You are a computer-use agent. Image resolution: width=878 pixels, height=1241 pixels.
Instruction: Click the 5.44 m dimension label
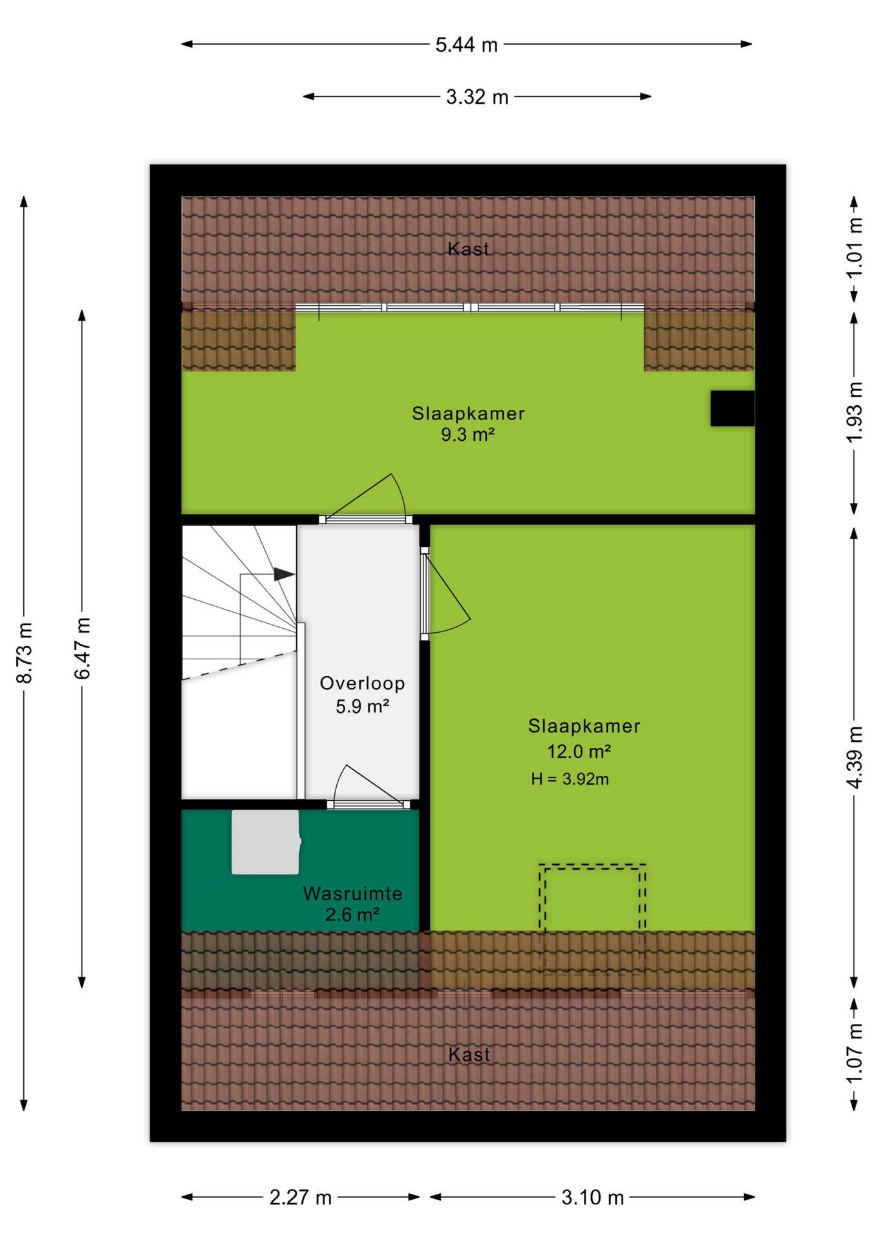pos(466,45)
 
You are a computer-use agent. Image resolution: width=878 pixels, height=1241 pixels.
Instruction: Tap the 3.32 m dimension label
pos(477,97)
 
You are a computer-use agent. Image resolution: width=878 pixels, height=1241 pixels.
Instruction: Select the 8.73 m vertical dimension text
pos(24,653)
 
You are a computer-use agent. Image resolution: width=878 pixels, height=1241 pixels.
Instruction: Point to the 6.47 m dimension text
pos(82,648)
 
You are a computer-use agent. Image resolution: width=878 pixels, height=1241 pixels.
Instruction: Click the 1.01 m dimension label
pos(854,248)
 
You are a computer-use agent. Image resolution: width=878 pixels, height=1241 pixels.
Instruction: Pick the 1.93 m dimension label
pos(854,412)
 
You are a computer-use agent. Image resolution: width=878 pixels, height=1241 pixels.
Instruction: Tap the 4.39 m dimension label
pos(854,757)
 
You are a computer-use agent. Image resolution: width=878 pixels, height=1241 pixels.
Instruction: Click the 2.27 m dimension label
pos(301,1198)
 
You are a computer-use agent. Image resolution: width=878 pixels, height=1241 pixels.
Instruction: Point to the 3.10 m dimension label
pos(592,1198)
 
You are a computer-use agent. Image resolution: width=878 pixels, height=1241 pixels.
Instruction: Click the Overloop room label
pos(362,683)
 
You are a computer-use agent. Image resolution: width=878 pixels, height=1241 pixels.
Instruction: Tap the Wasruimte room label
pos(352,893)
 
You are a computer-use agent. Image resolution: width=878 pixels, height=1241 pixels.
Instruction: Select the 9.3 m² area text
pos(467,434)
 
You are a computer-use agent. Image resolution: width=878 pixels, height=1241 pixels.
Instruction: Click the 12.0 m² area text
pos(579,751)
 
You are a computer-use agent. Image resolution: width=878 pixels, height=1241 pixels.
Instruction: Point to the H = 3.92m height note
pos(570,779)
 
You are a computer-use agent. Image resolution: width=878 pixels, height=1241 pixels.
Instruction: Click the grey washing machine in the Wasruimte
pos(266,842)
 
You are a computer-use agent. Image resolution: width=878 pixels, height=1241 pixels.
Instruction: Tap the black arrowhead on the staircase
pos(284,574)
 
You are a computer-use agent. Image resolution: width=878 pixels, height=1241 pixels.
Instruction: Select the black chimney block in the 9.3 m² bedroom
pos(733,408)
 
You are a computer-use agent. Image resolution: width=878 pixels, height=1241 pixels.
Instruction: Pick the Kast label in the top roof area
pos(468,249)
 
